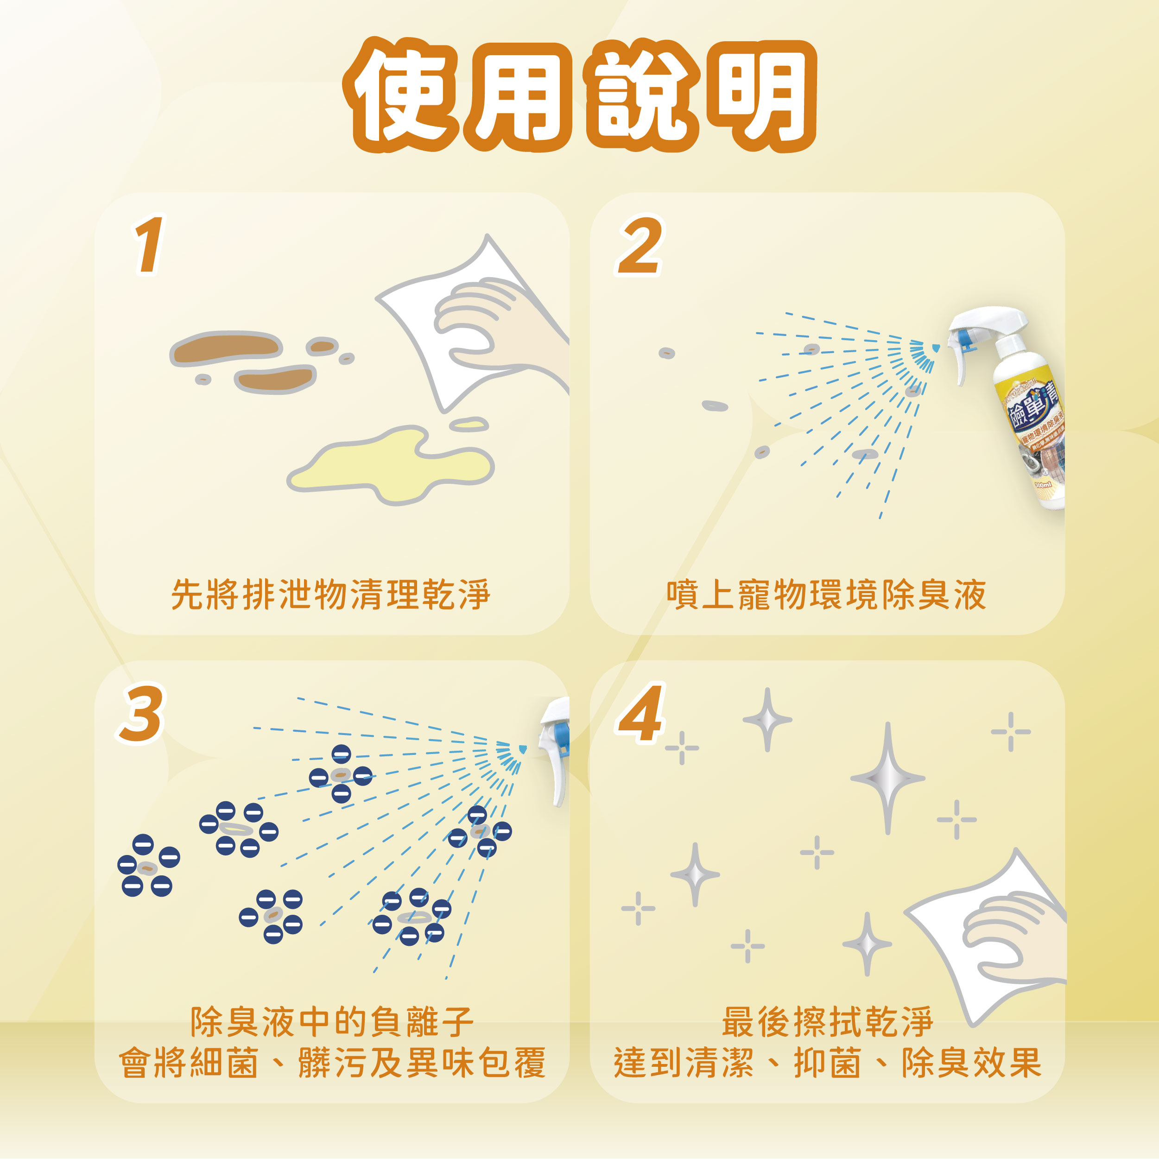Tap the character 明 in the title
[760, 96]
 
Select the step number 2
[640, 245]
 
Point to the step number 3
[141, 713]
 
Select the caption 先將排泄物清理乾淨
[330, 595]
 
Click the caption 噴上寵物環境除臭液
[826, 595]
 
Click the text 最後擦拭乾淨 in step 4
[827, 1022]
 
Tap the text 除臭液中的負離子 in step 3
[332, 1022]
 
